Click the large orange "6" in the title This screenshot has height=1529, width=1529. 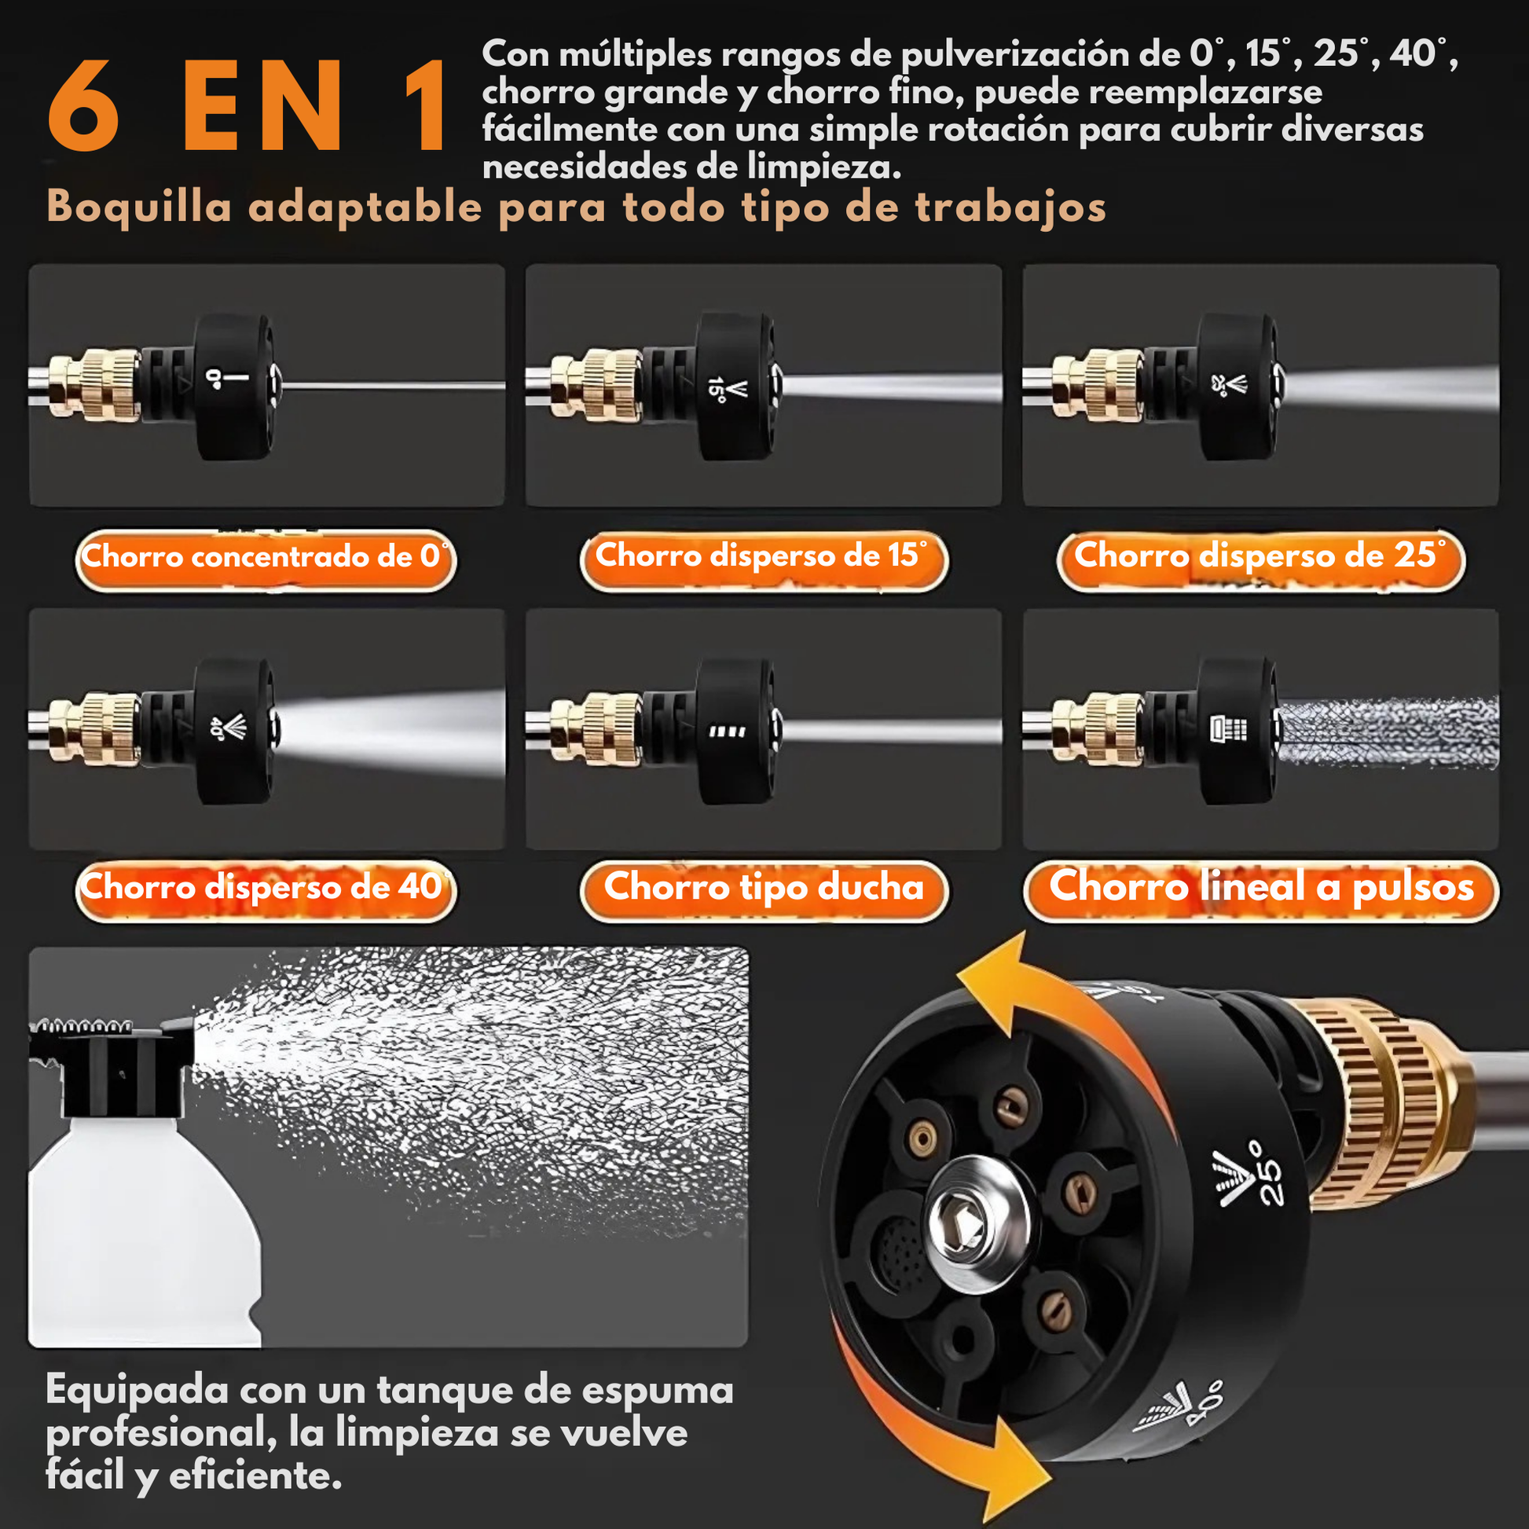click(84, 106)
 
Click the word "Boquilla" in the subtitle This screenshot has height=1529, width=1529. click(139, 207)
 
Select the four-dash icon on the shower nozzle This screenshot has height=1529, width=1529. click(727, 731)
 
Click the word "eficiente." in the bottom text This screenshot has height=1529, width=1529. click(255, 1476)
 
